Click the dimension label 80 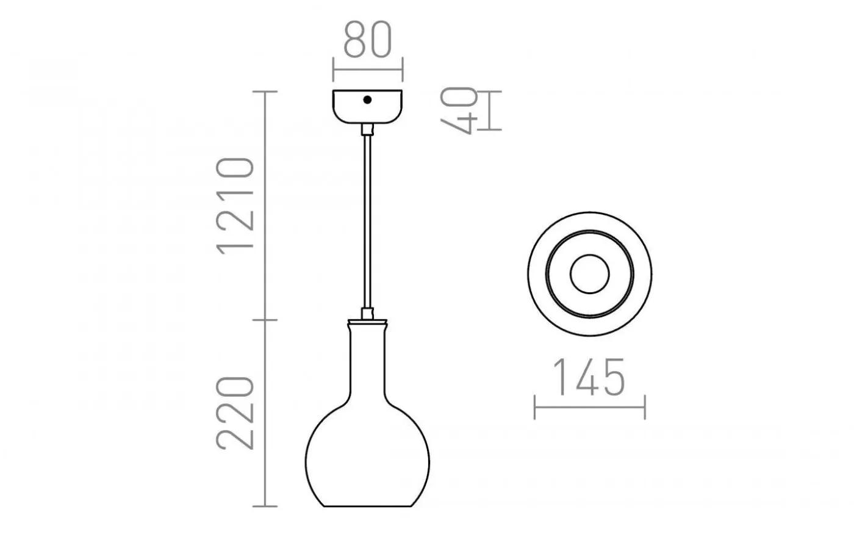pos(367,41)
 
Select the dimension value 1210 pos(235,203)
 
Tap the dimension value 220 pos(235,413)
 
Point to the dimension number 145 pos(589,377)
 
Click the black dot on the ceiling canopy pos(367,100)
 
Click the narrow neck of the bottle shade pos(367,360)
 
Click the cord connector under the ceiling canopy pos(367,129)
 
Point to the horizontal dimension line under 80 pos(367,68)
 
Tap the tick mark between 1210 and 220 pos(264,319)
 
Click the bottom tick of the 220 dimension pos(264,506)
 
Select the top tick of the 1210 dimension pos(264,92)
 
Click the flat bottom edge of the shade pos(367,507)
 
